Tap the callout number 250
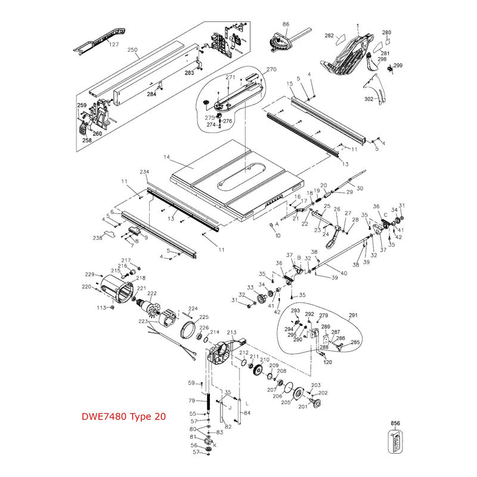pyautogui.click(x=133, y=50)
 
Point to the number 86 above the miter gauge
pyautogui.click(x=286, y=24)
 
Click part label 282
pyautogui.click(x=329, y=36)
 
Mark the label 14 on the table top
pyautogui.click(x=167, y=157)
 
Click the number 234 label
pyautogui.click(x=144, y=172)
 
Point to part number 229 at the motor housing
pyautogui.click(x=89, y=274)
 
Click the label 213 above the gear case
pyautogui.click(x=232, y=332)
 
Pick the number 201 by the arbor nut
pyautogui.click(x=302, y=407)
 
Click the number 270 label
pyautogui.click(x=271, y=69)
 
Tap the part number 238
pyautogui.click(x=97, y=237)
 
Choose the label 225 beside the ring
pyautogui.click(x=204, y=317)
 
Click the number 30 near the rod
pyautogui.click(x=360, y=188)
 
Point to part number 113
pyautogui.click(x=101, y=308)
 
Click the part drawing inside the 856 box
pyautogui.click(x=395, y=445)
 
